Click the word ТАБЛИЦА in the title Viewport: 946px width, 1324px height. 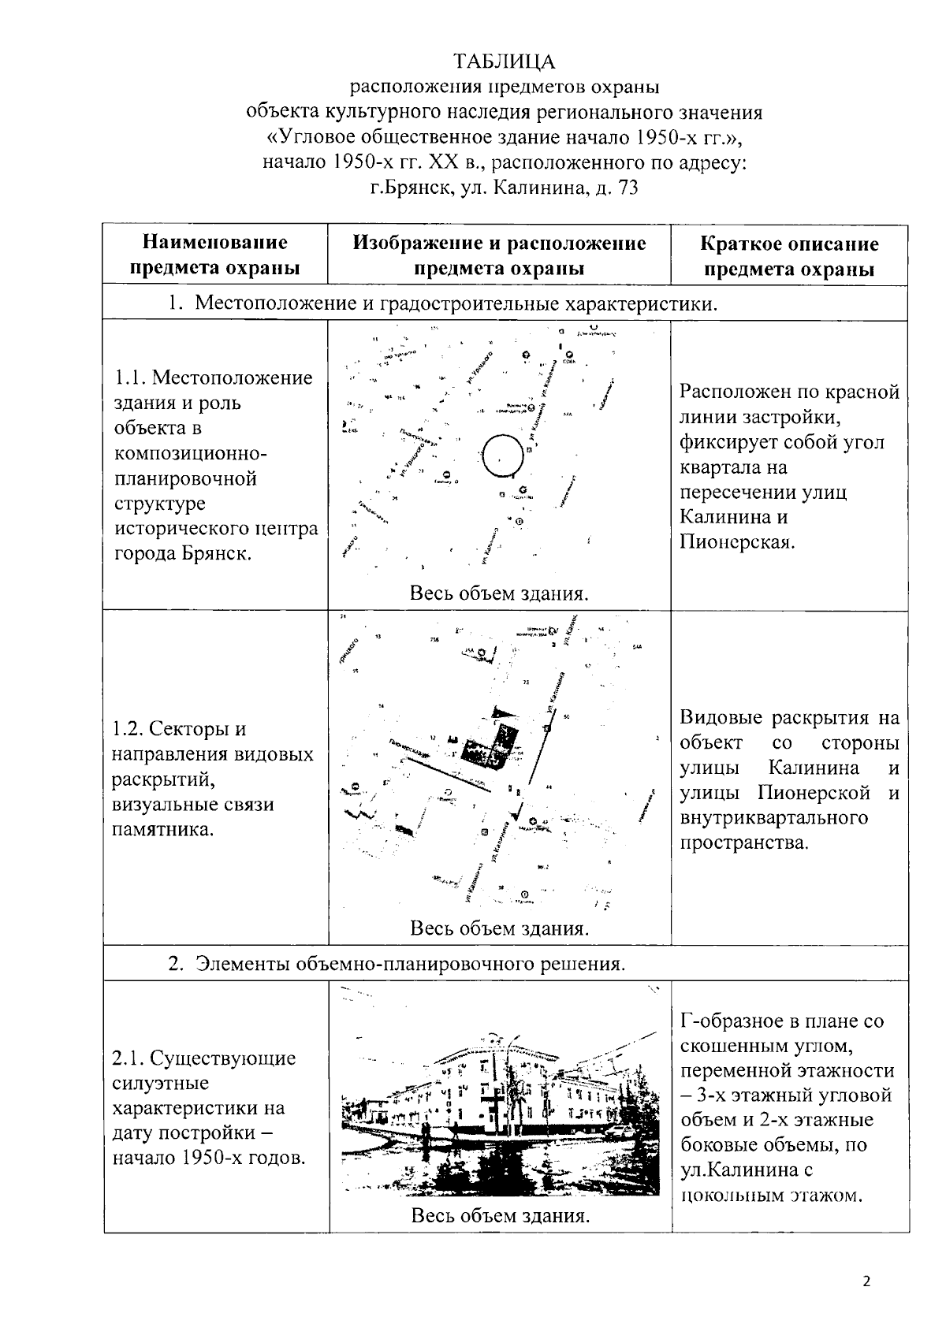(504, 61)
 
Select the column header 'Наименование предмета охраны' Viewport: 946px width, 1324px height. (214, 255)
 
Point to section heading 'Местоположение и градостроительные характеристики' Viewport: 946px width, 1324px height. (456, 303)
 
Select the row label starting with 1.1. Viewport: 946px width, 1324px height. (214, 465)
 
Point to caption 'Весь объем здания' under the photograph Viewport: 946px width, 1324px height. (501, 1215)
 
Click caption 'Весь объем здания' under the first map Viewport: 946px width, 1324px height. (499, 593)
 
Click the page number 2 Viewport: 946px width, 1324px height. (866, 1281)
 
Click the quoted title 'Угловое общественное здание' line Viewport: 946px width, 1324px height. (505, 137)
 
